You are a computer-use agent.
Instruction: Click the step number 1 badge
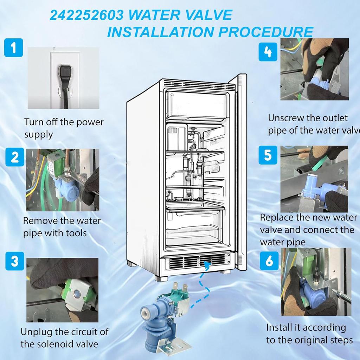pyautogui.click(x=13, y=47)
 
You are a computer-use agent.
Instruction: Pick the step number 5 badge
pyautogui.click(x=268, y=155)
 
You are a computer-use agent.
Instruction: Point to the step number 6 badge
pyautogui.click(x=269, y=261)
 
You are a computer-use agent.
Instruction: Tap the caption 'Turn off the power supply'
pyautogui.click(x=64, y=128)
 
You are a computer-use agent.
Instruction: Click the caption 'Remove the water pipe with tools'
pyautogui.click(x=62, y=227)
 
